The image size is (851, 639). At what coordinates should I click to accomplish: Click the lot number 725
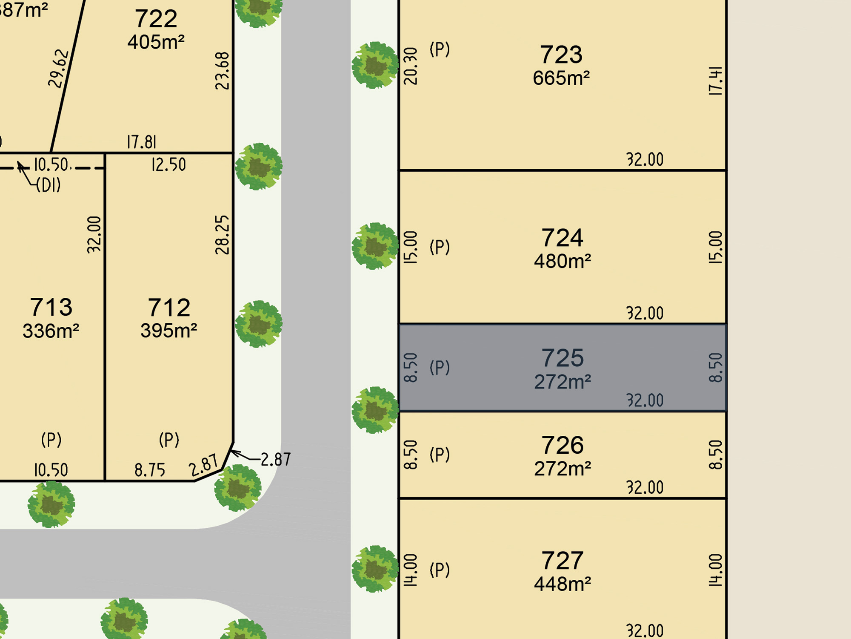[562, 358]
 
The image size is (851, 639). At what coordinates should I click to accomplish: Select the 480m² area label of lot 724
[563, 261]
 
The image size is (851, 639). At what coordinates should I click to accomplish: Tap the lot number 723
[561, 55]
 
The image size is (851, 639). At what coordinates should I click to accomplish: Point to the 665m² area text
[561, 78]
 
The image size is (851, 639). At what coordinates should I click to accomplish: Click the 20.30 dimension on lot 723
[411, 66]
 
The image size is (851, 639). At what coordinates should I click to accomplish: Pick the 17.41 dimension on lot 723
[715, 81]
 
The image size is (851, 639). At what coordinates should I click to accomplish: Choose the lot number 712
[169, 308]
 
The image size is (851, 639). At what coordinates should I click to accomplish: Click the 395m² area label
[169, 331]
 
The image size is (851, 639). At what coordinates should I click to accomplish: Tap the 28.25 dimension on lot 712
[222, 235]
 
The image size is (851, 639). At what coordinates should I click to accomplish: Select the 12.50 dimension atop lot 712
[168, 165]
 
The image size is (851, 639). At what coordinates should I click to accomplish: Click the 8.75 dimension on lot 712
[150, 470]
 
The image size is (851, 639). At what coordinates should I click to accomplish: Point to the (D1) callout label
[48, 185]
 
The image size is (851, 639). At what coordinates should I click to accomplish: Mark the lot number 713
[51, 307]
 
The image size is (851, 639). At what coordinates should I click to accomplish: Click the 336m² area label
[51, 331]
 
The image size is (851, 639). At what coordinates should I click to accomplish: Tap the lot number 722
[156, 19]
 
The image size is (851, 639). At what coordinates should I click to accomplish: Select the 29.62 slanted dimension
[58, 69]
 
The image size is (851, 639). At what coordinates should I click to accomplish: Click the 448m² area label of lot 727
[563, 584]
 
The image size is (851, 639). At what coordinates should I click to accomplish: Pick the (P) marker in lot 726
[440, 455]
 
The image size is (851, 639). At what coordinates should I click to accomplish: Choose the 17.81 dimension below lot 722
[142, 142]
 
